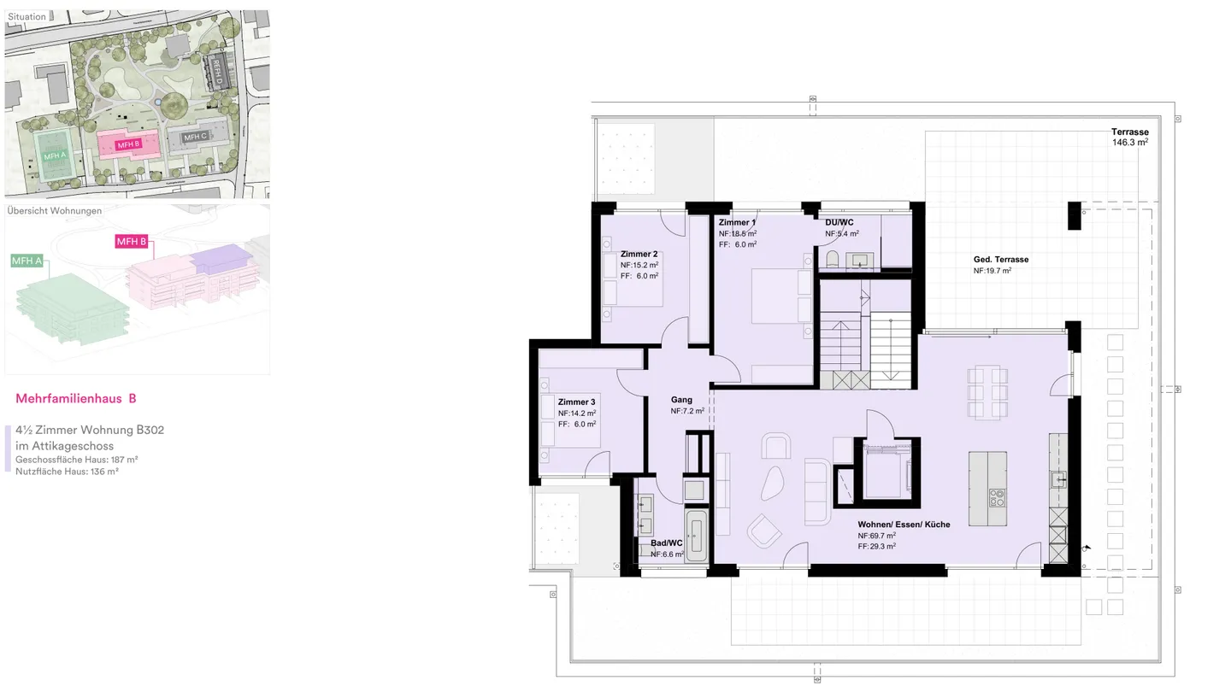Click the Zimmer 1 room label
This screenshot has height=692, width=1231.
(x=737, y=222)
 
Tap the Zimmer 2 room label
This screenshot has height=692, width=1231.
(x=639, y=254)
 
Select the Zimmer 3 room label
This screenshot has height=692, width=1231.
(x=576, y=402)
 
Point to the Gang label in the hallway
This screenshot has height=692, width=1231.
(x=681, y=400)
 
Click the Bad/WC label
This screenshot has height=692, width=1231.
(x=666, y=542)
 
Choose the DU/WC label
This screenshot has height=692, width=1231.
(x=839, y=222)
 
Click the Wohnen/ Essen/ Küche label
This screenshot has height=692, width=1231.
(x=904, y=525)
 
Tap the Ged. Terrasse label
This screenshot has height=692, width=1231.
(x=1000, y=260)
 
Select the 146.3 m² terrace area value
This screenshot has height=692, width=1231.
(x=1129, y=143)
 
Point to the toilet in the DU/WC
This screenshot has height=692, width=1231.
(x=833, y=259)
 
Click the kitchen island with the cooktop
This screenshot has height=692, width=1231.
(x=987, y=489)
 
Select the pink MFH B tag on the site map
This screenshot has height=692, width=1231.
(x=128, y=144)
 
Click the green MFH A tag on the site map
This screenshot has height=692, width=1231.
(x=55, y=156)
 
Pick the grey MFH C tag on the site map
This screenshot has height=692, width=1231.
(x=196, y=137)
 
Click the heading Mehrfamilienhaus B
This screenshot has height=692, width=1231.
(x=75, y=398)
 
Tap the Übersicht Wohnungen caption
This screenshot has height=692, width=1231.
(x=54, y=210)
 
